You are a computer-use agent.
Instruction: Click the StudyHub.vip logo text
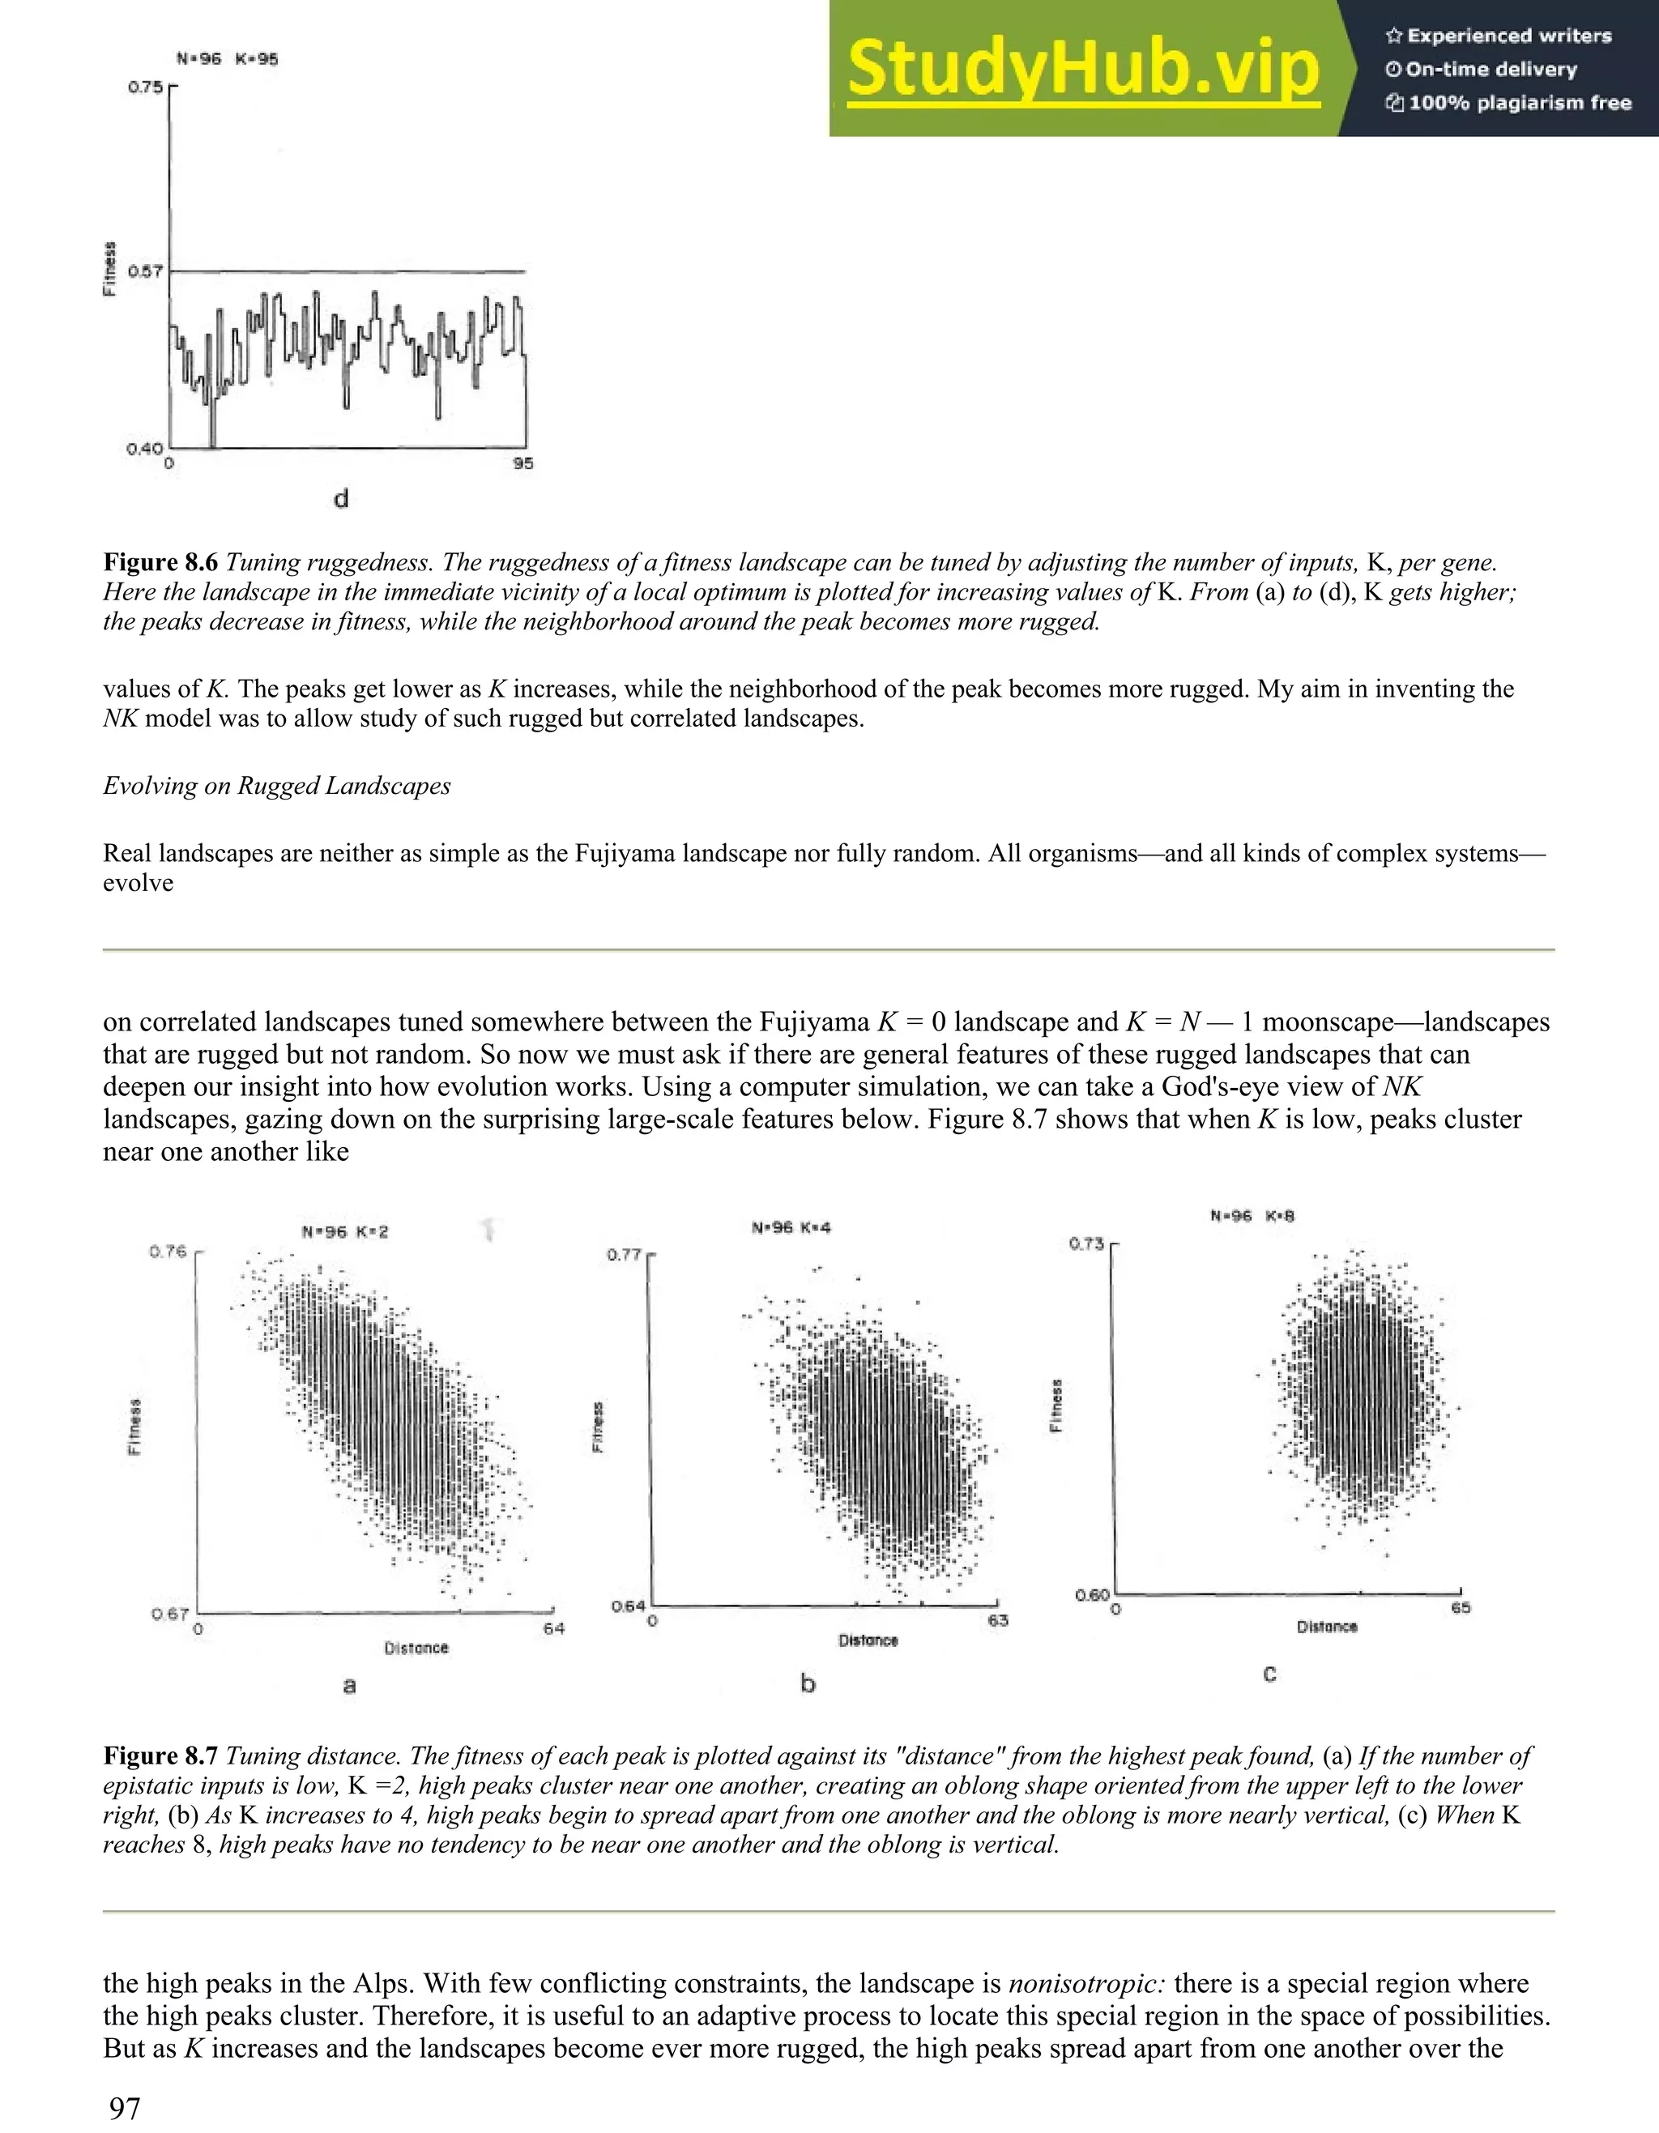pos(1083,70)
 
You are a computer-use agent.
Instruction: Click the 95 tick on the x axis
pos(523,464)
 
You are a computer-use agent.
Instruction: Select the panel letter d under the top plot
pos(341,500)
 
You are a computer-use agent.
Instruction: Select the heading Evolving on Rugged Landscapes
pos(276,786)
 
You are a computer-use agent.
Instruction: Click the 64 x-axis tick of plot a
pos(553,1628)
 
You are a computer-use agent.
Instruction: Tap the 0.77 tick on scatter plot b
pos(623,1254)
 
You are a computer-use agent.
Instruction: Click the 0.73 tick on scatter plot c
pos(1087,1244)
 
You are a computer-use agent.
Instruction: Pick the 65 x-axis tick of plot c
pos(1460,1607)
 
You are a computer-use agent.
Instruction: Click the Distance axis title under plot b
pos(867,1640)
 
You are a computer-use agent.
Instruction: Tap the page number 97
pos(124,2109)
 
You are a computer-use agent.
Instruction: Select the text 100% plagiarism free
pos(1520,103)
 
